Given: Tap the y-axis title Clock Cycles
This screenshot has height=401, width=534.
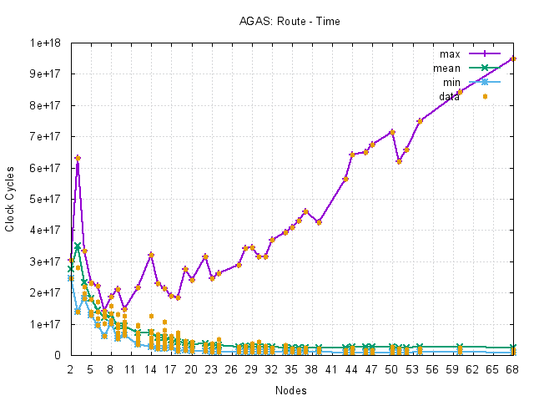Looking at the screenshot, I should click(10, 198).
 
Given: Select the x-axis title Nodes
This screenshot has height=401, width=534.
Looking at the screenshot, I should click(291, 390).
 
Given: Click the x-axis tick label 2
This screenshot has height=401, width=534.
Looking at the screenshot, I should click(70, 368).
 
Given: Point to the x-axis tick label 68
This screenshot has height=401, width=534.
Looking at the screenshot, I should click(513, 368).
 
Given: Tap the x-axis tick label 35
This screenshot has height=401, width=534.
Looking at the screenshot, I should click(291, 368).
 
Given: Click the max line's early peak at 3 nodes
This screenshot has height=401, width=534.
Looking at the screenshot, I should click(78, 158).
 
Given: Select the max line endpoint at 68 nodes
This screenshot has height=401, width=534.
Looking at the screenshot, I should click(513, 58).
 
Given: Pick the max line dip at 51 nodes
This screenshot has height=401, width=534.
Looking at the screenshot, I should click(400, 161).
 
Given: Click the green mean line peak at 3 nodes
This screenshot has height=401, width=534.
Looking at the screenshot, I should click(78, 246).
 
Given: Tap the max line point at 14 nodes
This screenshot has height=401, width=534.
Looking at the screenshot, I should click(151, 255).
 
